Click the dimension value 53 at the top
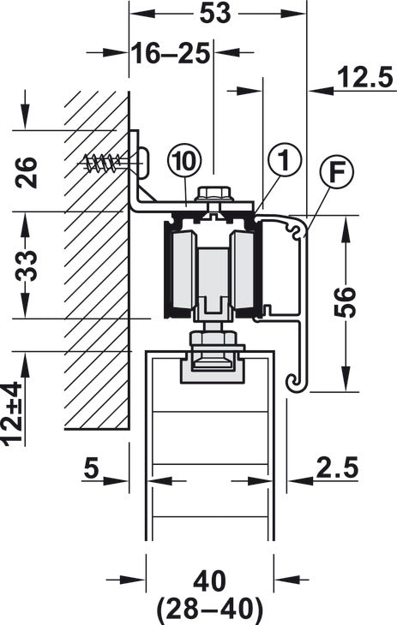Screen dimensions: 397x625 point(215,13)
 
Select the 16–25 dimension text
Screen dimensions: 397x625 point(171,54)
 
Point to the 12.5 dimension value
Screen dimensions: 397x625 point(365,77)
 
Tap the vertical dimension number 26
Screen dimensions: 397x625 point(27,172)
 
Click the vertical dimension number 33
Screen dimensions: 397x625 point(27,265)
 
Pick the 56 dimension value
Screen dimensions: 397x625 point(345,301)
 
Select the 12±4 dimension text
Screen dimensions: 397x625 point(13,413)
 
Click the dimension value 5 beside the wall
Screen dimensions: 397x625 point(91,468)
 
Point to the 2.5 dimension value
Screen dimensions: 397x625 point(338,467)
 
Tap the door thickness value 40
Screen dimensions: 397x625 point(210,581)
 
